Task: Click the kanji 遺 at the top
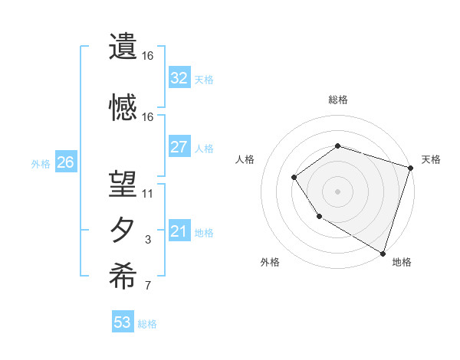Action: [x=123, y=47]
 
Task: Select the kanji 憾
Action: [x=123, y=107]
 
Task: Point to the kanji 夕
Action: [x=123, y=230]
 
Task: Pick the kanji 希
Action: [x=123, y=276]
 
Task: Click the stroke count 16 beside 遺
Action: [x=148, y=56]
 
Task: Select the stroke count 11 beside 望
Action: [x=148, y=194]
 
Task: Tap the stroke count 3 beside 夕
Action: [x=148, y=240]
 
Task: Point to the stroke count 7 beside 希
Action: [x=148, y=286]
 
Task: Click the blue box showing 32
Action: [x=179, y=77]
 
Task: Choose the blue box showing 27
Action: [x=179, y=146]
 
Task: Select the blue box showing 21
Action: [x=179, y=231]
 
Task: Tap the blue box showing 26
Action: [x=66, y=162]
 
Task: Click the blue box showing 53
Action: [x=123, y=322]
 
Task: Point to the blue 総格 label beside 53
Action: [x=148, y=324]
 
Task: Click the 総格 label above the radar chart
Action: [x=337, y=100]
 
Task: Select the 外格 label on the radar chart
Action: [x=270, y=262]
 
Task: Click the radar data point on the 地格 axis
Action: [x=383, y=253]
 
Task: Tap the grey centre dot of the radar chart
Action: [x=337, y=191]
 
